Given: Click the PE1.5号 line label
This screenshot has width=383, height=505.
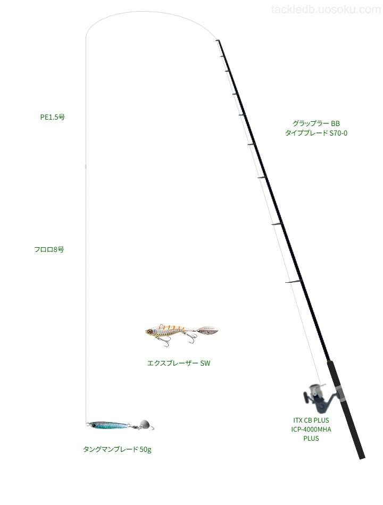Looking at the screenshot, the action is (x=53, y=117).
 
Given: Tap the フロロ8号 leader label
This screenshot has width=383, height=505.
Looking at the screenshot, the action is (x=49, y=249).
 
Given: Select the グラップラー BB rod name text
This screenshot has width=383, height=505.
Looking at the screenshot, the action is (x=316, y=123).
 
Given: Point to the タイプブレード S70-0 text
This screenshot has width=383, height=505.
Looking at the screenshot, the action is (x=316, y=133).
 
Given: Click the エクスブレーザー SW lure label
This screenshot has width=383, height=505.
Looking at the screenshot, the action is (x=179, y=363).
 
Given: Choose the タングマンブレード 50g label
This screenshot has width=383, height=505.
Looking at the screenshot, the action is (x=117, y=449).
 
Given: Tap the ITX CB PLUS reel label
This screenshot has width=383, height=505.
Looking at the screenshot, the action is (x=311, y=420).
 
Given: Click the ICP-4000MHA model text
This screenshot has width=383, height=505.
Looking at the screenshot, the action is (x=311, y=430).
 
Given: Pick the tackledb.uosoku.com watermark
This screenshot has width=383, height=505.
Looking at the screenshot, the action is (x=326, y=10).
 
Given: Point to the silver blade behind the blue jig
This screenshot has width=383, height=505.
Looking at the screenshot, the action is (x=145, y=424).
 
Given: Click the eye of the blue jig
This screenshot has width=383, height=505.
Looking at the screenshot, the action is (x=94, y=426).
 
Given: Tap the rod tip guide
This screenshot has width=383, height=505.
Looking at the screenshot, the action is (x=218, y=40).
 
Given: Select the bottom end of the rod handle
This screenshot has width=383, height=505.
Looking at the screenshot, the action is (x=362, y=457).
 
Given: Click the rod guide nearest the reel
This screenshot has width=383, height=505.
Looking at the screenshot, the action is (x=293, y=282).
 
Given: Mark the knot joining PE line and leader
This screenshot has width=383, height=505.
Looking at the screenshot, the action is (x=86, y=166).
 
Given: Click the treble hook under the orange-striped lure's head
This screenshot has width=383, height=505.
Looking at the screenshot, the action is (x=165, y=341).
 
